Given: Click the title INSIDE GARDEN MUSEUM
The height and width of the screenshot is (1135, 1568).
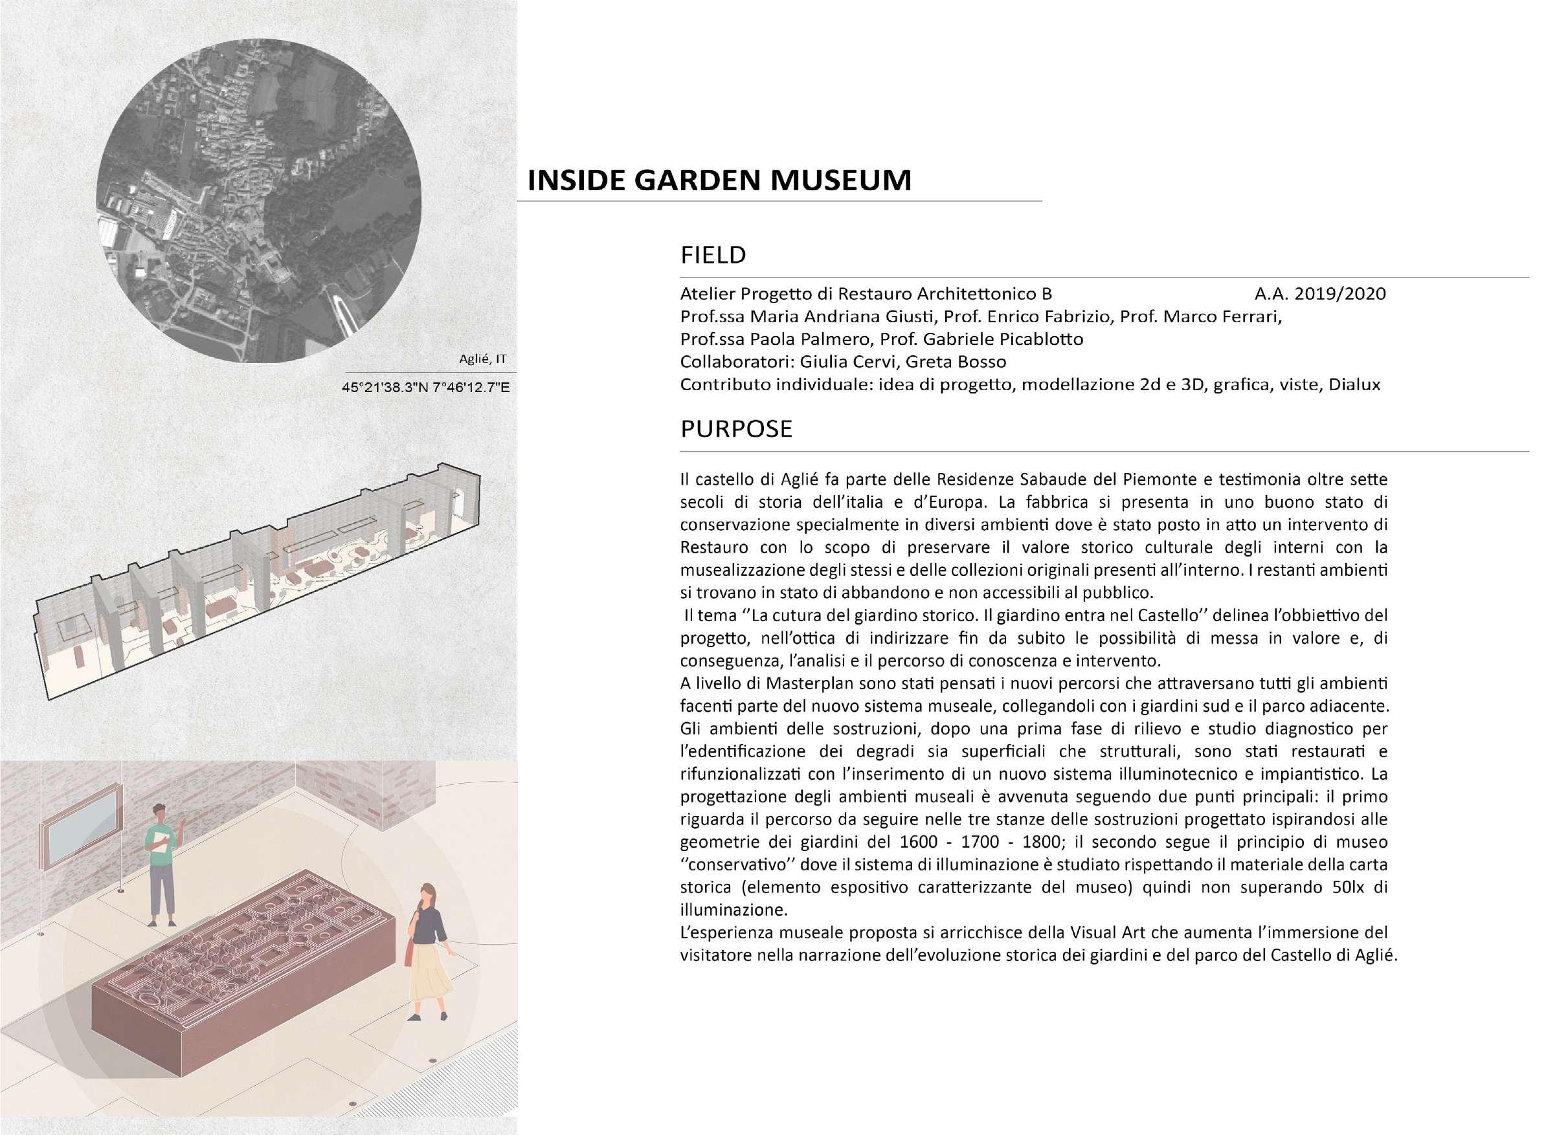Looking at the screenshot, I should tap(719, 181).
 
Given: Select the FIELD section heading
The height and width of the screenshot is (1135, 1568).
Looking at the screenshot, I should tap(713, 255).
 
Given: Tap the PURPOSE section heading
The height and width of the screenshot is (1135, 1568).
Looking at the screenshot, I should tap(735, 428).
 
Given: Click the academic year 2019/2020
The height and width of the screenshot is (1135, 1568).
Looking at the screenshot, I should tap(1319, 294).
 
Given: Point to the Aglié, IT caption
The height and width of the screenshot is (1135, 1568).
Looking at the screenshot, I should tap(482, 358).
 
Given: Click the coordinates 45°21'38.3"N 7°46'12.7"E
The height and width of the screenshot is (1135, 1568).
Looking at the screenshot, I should tap(425, 387).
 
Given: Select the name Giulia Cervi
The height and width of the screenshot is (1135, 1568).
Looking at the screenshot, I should tap(838, 362).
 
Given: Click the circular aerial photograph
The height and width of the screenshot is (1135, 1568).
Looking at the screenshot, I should tap(258, 201).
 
